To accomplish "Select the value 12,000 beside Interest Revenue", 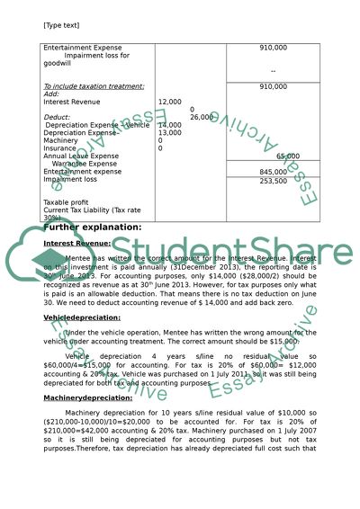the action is [x=171, y=102].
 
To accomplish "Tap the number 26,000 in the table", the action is [x=202, y=117].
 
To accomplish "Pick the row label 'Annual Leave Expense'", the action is [x=80, y=156].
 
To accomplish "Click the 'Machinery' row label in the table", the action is [x=62, y=140].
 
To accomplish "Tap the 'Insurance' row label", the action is [x=61, y=148].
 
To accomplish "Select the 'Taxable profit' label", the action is [x=67, y=203].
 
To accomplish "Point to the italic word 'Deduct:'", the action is [x=57, y=117].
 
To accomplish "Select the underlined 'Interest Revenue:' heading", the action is [x=76, y=243].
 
